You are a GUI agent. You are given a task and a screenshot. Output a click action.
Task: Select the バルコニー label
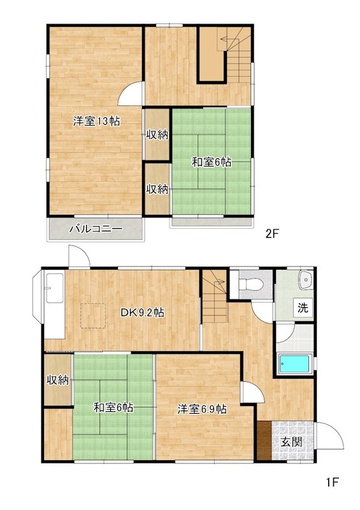(x=96, y=230)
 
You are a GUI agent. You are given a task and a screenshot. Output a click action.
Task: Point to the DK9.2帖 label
(x=143, y=312)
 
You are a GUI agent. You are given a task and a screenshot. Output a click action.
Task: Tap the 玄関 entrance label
(x=291, y=441)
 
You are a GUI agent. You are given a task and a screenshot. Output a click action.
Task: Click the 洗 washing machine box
(x=303, y=307)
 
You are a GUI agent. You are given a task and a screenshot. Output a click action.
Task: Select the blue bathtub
(x=294, y=365)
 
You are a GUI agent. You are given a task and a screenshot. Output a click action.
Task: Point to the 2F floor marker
(x=273, y=233)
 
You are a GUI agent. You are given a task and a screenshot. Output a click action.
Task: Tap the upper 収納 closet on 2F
(x=157, y=135)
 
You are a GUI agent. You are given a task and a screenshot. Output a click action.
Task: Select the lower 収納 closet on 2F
(x=157, y=189)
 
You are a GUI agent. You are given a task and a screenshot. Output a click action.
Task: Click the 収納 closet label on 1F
(x=57, y=380)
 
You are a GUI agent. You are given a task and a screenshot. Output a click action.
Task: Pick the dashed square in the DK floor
(x=93, y=316)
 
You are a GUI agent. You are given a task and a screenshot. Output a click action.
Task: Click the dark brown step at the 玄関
(x=264, y=441)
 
